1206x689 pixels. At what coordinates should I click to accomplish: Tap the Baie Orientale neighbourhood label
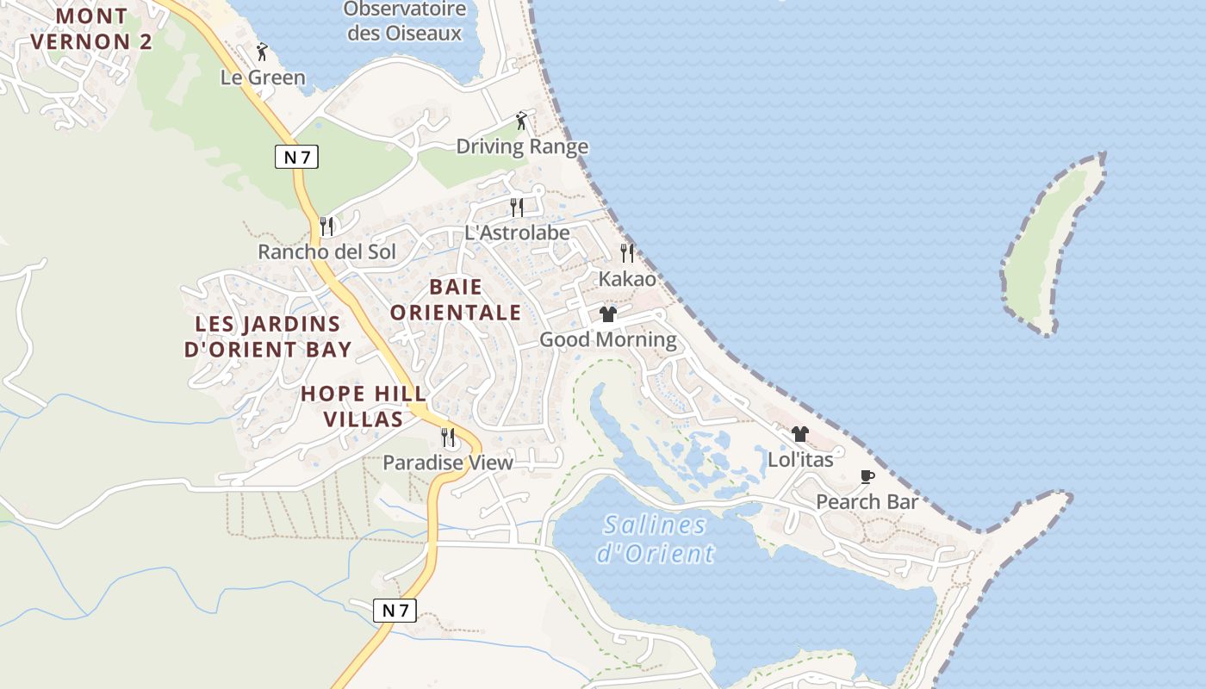456,299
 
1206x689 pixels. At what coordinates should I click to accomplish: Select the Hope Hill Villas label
363,407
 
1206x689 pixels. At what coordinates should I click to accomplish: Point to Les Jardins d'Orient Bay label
268,337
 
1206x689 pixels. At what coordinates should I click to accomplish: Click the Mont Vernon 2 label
91,28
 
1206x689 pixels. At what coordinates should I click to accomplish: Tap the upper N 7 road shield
297,157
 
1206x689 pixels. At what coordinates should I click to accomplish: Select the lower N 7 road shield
395,610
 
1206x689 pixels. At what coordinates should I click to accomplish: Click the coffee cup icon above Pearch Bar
867,476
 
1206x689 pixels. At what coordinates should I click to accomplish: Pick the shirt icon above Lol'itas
800,434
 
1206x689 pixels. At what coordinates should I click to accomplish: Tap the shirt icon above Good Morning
608,314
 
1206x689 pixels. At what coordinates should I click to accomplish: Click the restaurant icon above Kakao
627,253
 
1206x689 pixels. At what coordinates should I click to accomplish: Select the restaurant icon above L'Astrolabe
517,207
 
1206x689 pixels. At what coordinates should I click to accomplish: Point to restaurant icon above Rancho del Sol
326,227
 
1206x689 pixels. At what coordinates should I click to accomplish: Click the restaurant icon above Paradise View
448,438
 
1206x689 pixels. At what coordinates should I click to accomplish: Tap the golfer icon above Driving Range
521,121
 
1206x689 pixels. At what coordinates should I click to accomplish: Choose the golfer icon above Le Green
263,52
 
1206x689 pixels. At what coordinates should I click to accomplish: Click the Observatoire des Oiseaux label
404,22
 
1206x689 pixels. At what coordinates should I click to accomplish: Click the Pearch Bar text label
867,501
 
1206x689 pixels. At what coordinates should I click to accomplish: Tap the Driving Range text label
522,146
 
